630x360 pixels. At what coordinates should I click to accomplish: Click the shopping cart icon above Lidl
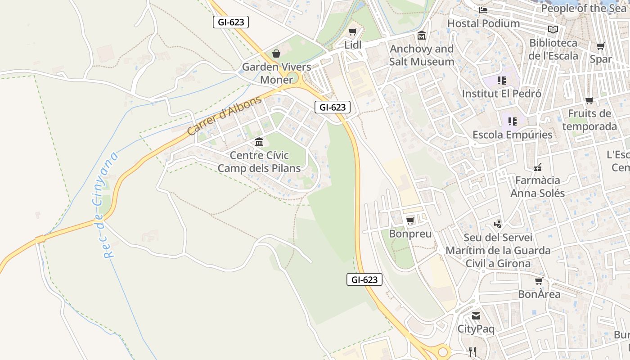point(353,31)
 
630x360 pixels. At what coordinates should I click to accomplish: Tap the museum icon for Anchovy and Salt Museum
point(422,35)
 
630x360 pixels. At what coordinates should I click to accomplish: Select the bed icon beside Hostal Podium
point(483,10)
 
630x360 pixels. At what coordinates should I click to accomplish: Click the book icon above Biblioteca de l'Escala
point(553,30)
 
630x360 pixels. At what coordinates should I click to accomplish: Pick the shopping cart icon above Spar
point(600,46)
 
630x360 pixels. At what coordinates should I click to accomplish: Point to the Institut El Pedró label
point(502,94)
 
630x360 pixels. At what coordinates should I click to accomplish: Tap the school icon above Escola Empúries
point(512,121)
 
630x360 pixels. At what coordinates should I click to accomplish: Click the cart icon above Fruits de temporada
point(589,100)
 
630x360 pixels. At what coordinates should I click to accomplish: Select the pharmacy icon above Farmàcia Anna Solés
point(537,167)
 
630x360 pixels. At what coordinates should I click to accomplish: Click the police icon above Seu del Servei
point(498,224)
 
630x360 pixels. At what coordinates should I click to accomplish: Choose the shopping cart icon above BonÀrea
point(539,281)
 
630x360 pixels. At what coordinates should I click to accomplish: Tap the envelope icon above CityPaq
point(476,316)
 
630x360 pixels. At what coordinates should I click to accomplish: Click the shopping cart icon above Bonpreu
point(410,220)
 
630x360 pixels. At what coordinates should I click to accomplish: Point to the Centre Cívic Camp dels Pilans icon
point(259,142)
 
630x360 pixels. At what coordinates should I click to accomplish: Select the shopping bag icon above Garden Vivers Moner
point(276,54)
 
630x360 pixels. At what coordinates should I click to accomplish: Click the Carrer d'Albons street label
point(224,116)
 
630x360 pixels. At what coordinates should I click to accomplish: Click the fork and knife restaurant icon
point(472,352)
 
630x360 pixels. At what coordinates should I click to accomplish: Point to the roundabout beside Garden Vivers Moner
point(294,77)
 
